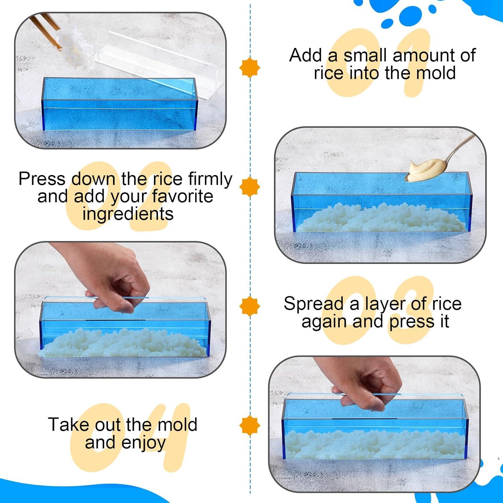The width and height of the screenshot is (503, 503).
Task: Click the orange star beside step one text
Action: pyautogui.click(x=249, y=68)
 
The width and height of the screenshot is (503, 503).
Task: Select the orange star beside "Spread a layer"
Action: pyautogui.click(x=249, y=306)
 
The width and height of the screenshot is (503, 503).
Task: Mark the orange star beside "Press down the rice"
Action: pyautogui.click(x=249, y=187)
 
